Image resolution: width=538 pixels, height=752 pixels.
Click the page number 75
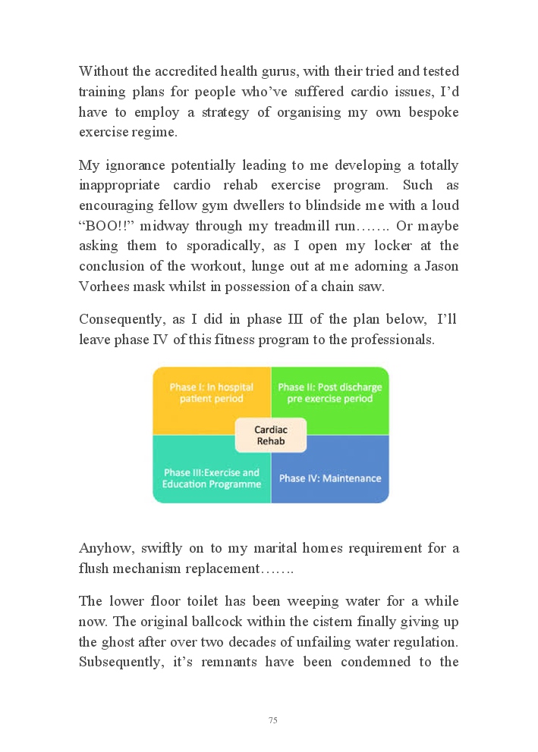(272, 720)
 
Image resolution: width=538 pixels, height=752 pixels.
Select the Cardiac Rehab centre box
(270, 434)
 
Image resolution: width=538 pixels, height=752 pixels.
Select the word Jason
(441, 267)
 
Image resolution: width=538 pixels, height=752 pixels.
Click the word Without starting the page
(106, 71)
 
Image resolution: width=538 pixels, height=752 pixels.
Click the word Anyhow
(103, 548)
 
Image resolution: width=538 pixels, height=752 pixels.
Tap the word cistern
(351, 622)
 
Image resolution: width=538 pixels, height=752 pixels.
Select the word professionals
(392, 340)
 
